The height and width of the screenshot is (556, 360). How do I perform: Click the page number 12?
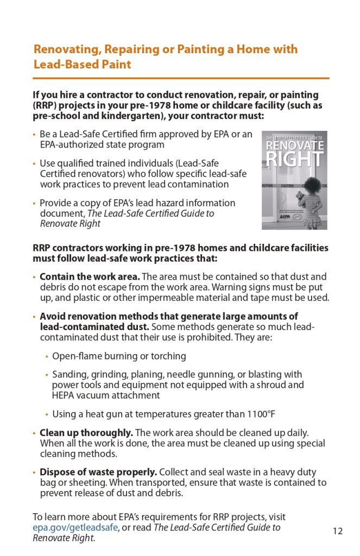[x=338, y=531]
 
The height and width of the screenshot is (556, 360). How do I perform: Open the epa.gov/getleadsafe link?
[x=75, y=527]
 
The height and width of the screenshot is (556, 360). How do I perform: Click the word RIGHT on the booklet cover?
[x=295, y=160]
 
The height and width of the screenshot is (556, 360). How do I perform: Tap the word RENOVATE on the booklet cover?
[x=295, y=147]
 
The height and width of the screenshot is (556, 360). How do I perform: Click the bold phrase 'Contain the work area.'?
[x=90, y=277]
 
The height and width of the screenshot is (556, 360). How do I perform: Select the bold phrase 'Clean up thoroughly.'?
[x=86, y=433]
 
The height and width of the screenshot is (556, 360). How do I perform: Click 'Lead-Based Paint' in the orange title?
[x=82, y=64]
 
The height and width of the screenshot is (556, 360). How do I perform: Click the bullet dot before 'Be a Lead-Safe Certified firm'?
[x=35, y=135]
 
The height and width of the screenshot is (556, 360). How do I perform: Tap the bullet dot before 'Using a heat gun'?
[x=47, y=415]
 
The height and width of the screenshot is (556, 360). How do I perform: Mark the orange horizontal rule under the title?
[x=181, y=78]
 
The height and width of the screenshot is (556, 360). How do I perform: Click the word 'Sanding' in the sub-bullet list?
[x=70, y=375]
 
